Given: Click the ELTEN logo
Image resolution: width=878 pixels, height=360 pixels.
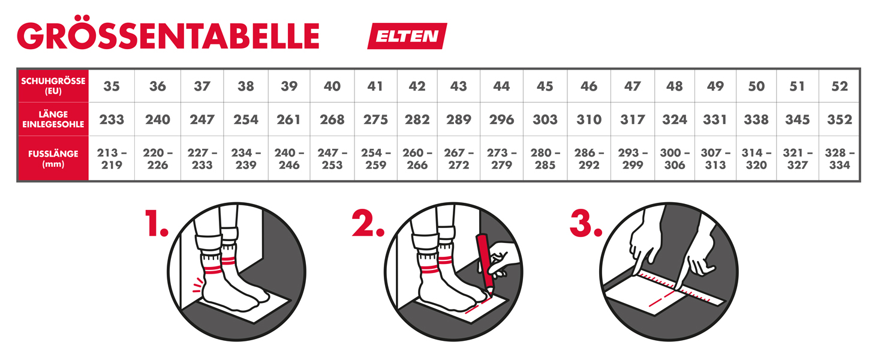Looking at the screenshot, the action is click(407, 36).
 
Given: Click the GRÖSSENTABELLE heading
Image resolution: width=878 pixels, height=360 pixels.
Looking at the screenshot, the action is click(168, 35).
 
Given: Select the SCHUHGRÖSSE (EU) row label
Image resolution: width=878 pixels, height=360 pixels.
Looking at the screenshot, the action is click(53, 86).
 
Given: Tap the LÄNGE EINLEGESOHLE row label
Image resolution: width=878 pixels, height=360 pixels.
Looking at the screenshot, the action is click(53, 119).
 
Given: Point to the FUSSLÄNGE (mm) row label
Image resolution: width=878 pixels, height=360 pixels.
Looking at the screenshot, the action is click(53, 158).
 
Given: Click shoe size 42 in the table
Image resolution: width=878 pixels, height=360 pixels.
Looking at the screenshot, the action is click(417, 86).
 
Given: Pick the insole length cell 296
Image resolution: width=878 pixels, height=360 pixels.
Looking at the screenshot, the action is click(501, 119).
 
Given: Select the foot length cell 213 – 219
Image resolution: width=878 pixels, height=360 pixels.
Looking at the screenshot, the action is click(112, 158).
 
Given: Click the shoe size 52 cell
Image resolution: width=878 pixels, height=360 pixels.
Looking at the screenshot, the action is click(840, 86).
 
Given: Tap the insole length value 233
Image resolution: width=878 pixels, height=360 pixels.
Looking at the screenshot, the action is click(112, 119).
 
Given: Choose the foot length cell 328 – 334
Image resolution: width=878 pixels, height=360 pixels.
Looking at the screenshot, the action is click(840, 158).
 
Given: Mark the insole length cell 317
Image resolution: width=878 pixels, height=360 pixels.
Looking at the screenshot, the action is click(633, 119).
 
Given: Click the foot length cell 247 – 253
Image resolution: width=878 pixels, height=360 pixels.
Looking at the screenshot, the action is click(332, 158).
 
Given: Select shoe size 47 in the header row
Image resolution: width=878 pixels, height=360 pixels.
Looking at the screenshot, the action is click(633, 86).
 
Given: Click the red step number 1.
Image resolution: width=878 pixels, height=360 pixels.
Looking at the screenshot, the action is click(157, 223).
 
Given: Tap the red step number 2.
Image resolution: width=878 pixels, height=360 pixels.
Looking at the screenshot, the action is click(368, 223).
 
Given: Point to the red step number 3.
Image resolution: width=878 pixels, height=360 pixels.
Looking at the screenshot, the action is click(586, 223).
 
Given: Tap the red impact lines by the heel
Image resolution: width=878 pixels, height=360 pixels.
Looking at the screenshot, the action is click(198, 285).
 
